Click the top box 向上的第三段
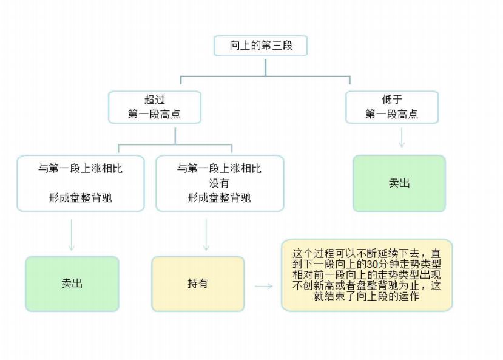(x=261, y=46)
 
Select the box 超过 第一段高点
(x=154, y=107)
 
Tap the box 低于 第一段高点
(x=391, y=107)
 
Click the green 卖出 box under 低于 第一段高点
(x=399, y=183)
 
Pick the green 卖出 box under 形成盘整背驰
(x=72, y=284)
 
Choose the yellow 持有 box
(x=197, y=284)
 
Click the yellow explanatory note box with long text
(x=366, y=275)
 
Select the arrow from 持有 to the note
(x=264, y=285)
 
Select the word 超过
(x=154, y=100)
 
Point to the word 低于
(x=391, y=100)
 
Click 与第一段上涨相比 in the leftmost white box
(x=80, y=169)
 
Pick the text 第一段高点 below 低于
(x=391, y=114)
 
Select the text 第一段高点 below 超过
(x=154, y=114)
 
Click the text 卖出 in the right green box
(x=399, y=183)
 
